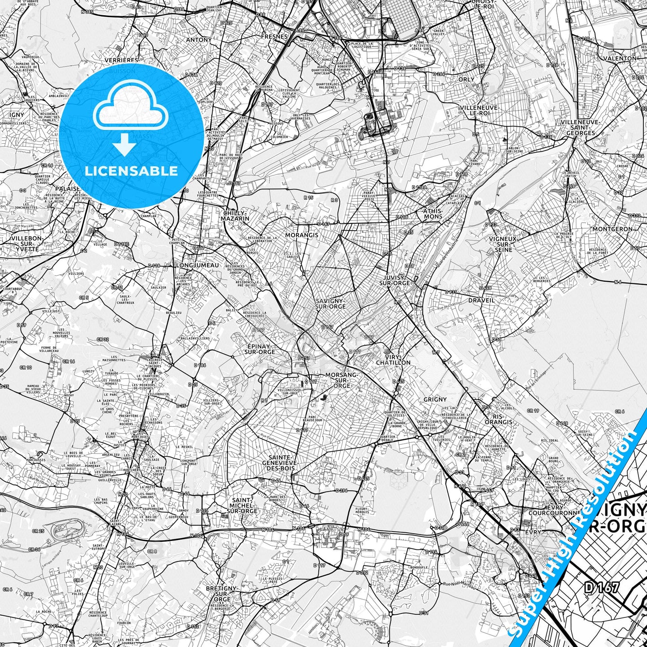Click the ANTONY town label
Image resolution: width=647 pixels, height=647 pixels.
(198, 40)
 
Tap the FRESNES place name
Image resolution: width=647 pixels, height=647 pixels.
(274, 36)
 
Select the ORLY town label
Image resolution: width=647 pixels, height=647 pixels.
(466, 79)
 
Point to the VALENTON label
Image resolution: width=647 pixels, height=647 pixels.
(620, 58)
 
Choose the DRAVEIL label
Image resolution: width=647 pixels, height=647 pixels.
(481, 300)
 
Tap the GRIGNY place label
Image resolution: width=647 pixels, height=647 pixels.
(435, 399)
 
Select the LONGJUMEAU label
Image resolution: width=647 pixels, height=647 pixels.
(197, 265)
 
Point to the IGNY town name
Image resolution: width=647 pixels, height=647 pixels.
(17, 115)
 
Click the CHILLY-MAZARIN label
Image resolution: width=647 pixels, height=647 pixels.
(235, 216)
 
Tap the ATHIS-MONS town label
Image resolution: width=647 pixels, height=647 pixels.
(433, 213)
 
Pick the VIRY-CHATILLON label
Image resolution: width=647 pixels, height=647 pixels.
(393, 360)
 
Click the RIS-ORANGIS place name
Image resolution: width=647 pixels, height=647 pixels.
(498, 419)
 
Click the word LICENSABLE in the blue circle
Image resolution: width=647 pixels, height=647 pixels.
(131, 171)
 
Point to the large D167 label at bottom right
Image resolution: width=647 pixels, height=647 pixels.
(601, 588)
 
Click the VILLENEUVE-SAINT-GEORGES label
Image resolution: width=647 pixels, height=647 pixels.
(580, 127)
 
